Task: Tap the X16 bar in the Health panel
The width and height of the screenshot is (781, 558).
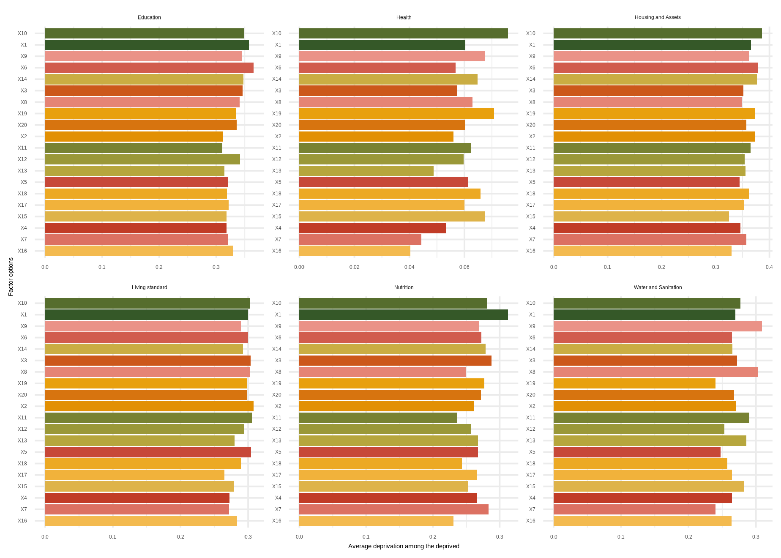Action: pos(355,251)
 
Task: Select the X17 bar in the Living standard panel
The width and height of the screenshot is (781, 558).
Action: pos(135,475)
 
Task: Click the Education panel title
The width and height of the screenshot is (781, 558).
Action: pos(149,17)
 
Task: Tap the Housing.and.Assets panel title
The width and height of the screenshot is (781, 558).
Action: pos(658,17)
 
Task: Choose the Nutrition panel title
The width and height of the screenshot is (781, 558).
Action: pos(404,287)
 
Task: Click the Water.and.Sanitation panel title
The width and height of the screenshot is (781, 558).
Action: pos(658,287)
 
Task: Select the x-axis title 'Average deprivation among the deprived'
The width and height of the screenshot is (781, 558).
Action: pos(404,546)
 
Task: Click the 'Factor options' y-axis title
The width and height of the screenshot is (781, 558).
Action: pos(11,277)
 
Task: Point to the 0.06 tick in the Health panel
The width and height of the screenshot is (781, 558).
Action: pos(464,267)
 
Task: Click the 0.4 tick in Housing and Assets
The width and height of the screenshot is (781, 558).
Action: pos(769,267)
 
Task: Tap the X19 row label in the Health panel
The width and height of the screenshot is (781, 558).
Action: pos(276,113)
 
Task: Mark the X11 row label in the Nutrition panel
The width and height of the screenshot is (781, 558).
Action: pos(276,418)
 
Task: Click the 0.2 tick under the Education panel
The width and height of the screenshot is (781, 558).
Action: pos(159,267)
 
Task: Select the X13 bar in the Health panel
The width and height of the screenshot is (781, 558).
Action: pos(366,171)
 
